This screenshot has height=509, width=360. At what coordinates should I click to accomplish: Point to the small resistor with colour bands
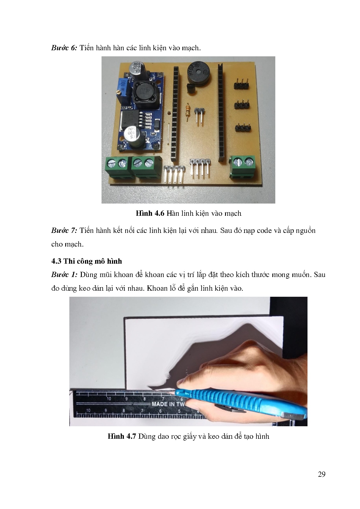point(188,111)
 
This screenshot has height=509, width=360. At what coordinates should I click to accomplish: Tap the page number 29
point(321,474)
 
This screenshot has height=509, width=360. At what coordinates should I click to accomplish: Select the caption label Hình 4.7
point(122,436)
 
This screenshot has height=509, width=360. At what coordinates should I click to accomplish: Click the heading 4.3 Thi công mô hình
point(86,261)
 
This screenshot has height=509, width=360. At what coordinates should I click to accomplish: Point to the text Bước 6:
point(64,48)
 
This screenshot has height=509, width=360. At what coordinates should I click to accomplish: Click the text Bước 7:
point(64,231)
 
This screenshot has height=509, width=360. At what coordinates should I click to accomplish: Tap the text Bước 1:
point(64,275)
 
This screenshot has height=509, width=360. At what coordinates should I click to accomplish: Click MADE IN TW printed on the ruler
point(168,404)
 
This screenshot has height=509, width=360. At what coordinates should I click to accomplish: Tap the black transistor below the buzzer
point(191,88)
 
